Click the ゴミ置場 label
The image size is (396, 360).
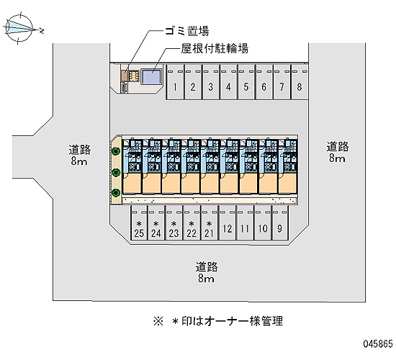[x=187, y=31]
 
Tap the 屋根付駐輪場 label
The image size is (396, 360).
[x=215, y=48]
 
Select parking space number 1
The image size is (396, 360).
[x=175, y=82]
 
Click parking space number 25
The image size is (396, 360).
[x=139, y=222]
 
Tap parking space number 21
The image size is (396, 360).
[x=209, y=222]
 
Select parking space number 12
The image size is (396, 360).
[x=228, y=222]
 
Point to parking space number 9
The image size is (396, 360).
[x=280, y=222]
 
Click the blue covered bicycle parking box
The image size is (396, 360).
[x=151, y=77]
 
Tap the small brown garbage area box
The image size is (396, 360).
[x=124, y=76]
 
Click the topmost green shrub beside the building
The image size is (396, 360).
[x=116, y=151]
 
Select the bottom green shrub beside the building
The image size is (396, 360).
[x=116, y=192]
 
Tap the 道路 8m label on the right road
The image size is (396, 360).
[x=338, y=152]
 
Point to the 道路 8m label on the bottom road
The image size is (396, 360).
[x=207, y=272]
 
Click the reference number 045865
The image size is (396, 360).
[x=378, y=343]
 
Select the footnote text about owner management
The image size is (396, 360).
[x=218, y=321]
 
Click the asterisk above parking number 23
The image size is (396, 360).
[x=174, y=224]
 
